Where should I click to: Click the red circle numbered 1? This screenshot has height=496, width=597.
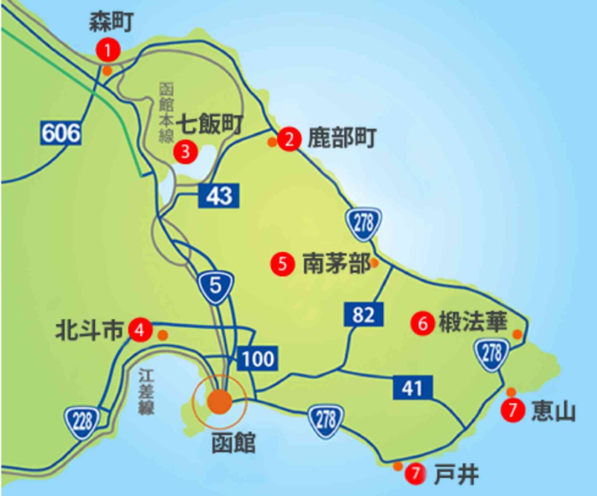(108, 50)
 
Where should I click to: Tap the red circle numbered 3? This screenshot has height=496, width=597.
(186, 151)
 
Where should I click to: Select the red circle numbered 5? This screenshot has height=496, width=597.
(283, 264)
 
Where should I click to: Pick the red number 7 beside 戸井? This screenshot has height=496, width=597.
(415, 473)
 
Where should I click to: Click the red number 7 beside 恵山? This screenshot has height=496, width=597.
(513, 410)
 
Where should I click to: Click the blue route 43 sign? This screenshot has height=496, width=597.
(219, 196)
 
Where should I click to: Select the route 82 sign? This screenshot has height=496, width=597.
(364, 314)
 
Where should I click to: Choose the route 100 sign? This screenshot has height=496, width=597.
(258, 359)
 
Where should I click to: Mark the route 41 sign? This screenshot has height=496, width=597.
(413, 388)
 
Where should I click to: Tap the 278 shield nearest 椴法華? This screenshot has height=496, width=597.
(492, 354)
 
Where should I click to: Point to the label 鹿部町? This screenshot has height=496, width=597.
(342, 138)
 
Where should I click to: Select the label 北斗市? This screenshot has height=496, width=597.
(89, 330)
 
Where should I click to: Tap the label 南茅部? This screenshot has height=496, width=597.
(336, 264)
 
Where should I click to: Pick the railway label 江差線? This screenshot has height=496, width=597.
(146, 392)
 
